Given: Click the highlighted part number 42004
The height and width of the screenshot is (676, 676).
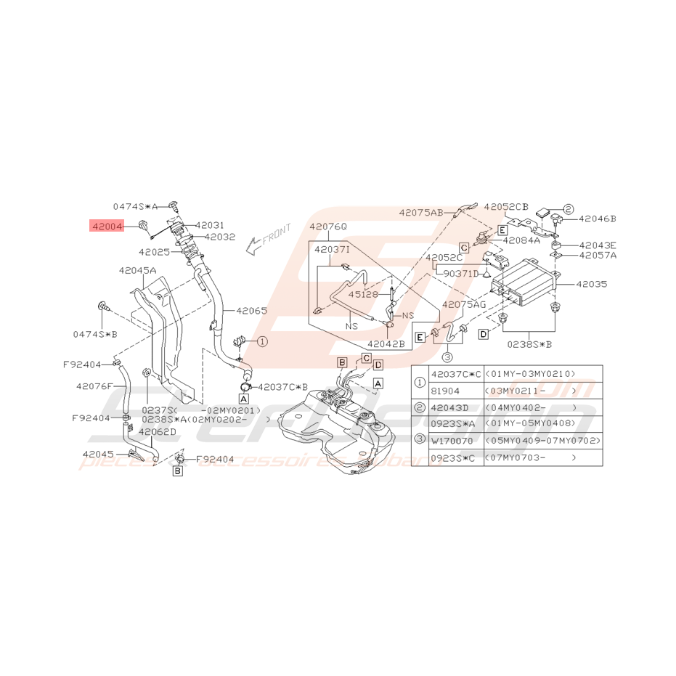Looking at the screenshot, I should (107, 226).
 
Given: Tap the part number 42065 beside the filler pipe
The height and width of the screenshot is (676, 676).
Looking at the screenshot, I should (250, 311).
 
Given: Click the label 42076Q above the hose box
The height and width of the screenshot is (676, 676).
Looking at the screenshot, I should (328, 227).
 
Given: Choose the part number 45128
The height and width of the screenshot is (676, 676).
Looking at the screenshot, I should (362, 295).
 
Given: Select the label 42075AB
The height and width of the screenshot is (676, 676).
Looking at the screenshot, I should (420, 213).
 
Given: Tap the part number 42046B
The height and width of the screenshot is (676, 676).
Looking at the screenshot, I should (597, 218).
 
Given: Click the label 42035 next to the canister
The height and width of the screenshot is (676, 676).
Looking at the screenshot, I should (592, 285).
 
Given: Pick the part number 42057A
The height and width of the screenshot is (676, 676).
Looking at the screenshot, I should (597, 255).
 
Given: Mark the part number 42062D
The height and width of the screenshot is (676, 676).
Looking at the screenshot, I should (157, 432).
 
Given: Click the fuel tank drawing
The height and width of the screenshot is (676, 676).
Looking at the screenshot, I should (338, 428).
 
